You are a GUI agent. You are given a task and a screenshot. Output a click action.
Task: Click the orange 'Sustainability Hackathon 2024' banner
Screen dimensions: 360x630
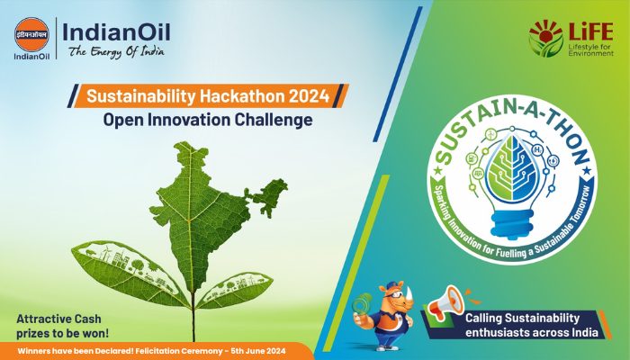215,94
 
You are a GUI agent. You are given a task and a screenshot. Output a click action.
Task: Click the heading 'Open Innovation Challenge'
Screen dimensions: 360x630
215,119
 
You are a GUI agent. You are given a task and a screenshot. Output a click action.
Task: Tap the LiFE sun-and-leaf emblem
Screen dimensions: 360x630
544,38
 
